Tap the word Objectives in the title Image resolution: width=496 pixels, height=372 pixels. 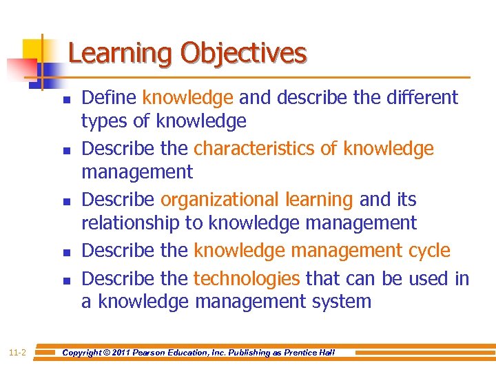[244, 53]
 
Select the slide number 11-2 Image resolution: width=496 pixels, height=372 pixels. [18, 353]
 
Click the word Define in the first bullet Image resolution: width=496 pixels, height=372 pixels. [110, 98]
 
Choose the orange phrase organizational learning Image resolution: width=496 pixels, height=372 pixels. [257, 200]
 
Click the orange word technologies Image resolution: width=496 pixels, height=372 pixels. [247, 278]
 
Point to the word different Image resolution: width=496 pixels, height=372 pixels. [420, 98]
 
